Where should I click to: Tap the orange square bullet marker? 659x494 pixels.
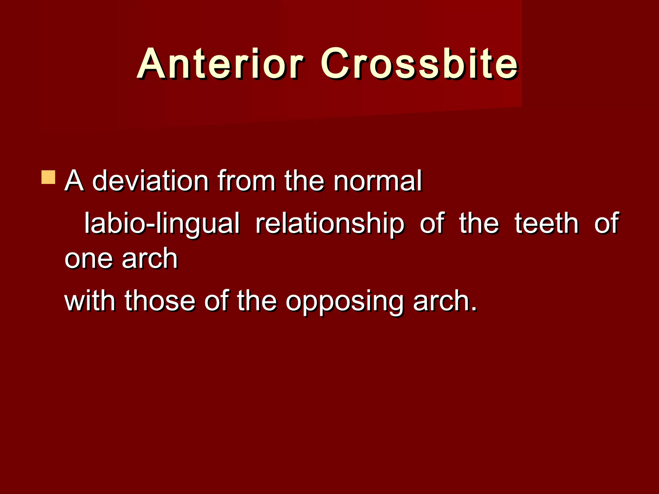[x=48, y=178]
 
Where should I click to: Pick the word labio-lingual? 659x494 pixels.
[x=162, y=224]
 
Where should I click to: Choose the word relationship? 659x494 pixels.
[x=329, y=224]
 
